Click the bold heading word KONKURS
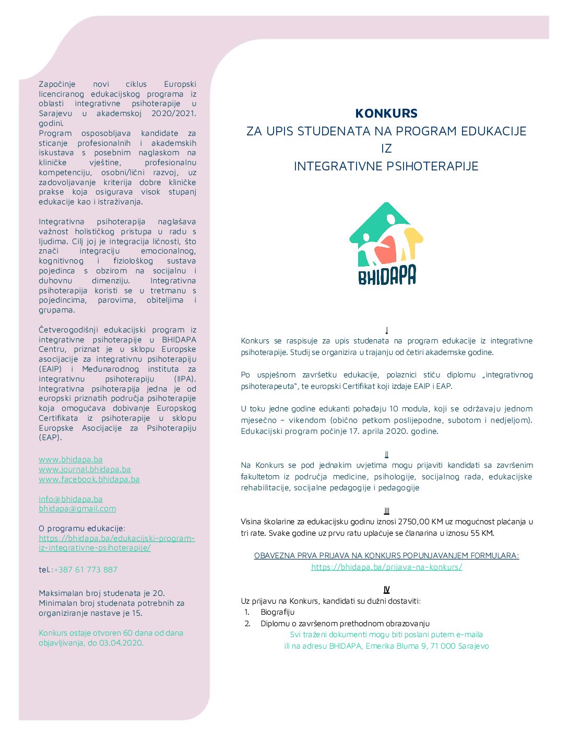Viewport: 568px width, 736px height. [386, 113]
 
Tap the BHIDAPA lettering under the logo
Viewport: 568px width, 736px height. [387, 275]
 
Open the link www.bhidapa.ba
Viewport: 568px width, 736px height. [70, 459]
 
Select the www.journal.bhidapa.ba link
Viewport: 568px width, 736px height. [85, 469]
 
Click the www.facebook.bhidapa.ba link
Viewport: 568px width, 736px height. [89, 479]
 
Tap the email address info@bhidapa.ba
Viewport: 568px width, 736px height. [70, 499]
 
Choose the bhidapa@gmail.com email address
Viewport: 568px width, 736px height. [77, 509]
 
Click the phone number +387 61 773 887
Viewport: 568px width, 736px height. [86, 570]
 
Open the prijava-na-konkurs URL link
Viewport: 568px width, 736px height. [386, 567]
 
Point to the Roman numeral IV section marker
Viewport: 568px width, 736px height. [386, 590]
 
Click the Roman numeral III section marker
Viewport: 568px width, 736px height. [386, 511]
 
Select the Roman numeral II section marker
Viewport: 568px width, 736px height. [386, 454]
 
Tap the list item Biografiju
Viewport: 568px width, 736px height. [278, 612]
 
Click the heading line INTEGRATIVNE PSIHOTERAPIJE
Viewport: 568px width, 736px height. [386, 166]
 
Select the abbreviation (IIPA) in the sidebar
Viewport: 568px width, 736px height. [185, 379]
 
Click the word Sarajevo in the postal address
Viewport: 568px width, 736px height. [473, 646]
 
